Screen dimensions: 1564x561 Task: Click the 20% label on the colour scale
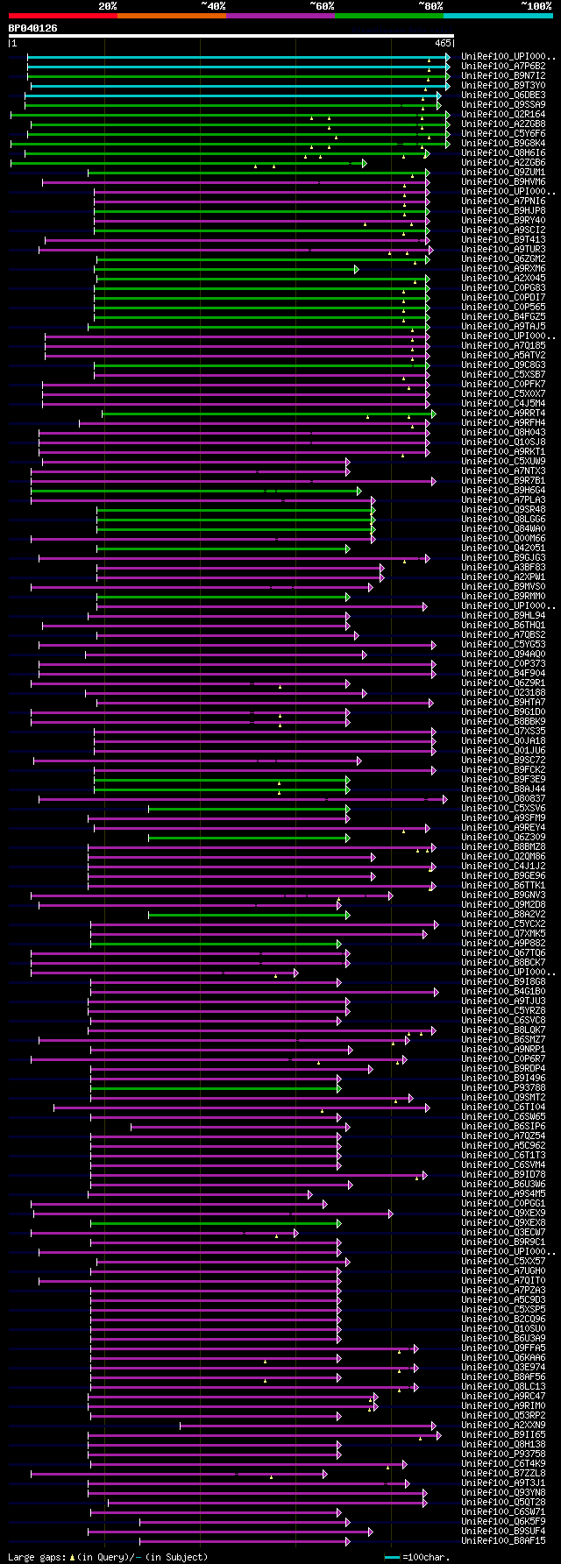point(107,6)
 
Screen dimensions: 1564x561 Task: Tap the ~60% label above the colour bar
point(322,6)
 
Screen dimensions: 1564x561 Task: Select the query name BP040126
point(32,28)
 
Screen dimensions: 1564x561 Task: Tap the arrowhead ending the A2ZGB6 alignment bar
point(364,163)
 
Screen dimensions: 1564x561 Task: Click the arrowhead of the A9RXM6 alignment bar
point(356,269)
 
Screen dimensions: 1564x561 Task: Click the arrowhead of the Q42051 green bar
point(348,548)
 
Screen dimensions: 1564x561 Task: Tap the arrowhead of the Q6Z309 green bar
point(348,838)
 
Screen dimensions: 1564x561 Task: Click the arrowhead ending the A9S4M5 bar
point(309,1193)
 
